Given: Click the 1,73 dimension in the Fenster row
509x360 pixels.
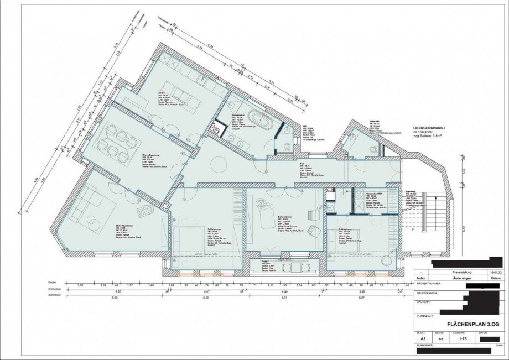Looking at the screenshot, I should click(80, 285).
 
